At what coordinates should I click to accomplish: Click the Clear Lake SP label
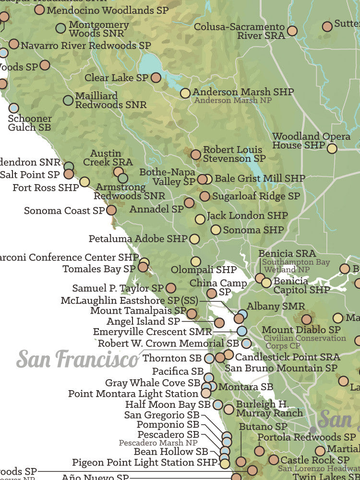(116, 78)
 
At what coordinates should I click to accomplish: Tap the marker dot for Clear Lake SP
(156, 78)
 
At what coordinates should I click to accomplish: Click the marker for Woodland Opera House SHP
(332, 148)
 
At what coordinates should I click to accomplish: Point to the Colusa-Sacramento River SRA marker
(292, 31)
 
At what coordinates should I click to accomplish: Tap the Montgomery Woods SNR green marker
(60, 28)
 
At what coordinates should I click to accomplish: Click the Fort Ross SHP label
(46, 188)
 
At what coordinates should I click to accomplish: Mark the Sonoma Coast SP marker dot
(111, 210)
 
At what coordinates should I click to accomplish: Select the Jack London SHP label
(247, 216)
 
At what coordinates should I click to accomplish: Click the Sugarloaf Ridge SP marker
(205, 196)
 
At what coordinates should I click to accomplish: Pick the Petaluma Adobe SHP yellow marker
(194, 239)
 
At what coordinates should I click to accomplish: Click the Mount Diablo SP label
(301, 330)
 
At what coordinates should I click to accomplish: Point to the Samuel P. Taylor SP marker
(171, 288)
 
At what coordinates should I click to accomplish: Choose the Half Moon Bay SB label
(168, 405)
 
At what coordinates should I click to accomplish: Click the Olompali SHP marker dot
(195, 261)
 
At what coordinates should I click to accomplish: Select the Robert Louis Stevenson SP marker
(196, 155)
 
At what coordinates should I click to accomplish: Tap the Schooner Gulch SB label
(29, 123)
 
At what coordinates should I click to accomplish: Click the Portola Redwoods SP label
(306, 437)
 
